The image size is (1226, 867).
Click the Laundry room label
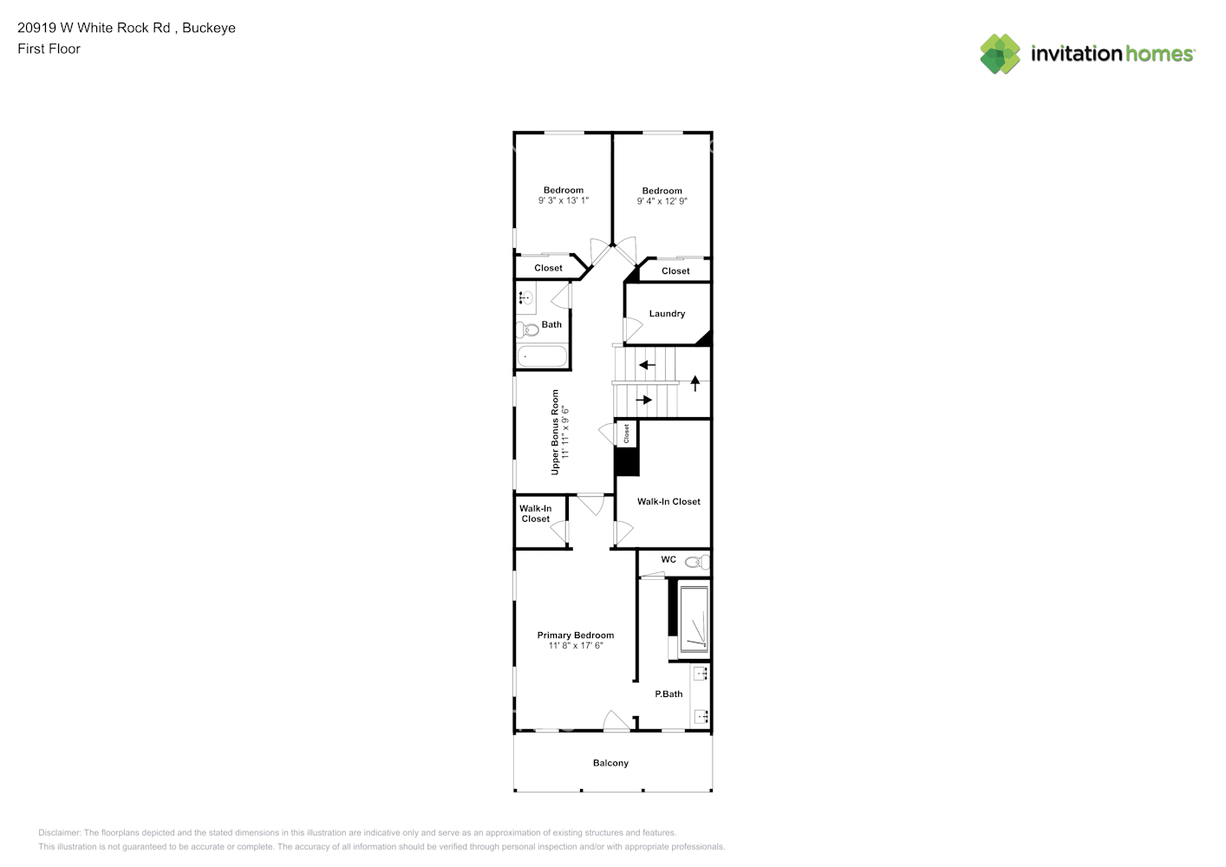(x=667, y=314)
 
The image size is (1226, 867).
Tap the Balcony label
(x=610, y=763)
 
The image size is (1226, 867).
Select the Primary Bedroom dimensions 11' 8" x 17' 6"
(x=575, y=646)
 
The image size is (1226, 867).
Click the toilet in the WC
(x=697, y=563)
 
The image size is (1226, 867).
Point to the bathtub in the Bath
(x=542, y=356)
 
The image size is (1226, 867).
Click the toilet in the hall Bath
(x=527, y=329)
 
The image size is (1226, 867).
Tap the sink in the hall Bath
(x=525, y=298)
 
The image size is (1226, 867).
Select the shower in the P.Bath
(x=694, y=620)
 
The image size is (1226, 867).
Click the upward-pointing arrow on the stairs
(x=695, y=382)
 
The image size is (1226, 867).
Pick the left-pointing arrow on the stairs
(x=647, y=365)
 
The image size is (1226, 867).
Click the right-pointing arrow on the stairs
(x=643, y=400)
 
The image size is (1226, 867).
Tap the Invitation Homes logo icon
(x=1000, y=54)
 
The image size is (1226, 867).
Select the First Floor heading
(x=49, y=49)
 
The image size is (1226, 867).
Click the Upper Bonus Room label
(x=555, y=432)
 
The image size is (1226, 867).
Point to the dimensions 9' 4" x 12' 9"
(x=662, y=201)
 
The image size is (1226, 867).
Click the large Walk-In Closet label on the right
(x=668, y=501)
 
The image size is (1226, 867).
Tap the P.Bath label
(x=668, y=694)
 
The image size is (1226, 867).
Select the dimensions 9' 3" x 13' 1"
(x=563, y=200)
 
